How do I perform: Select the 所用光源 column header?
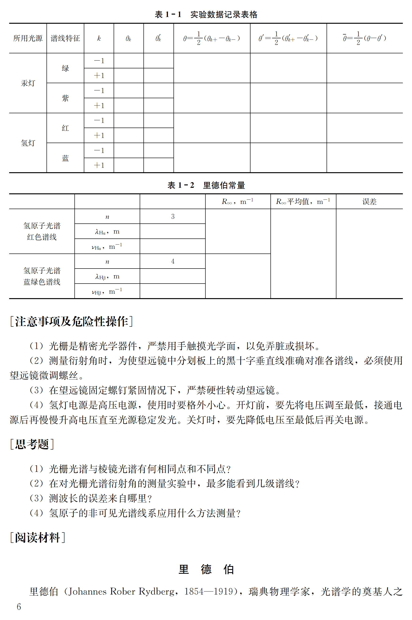point(28,38)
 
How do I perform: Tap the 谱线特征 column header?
point(65,38)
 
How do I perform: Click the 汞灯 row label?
point(28,83)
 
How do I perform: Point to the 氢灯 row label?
point(28,143)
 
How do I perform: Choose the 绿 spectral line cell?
point(65,68)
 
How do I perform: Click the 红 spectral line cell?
point(65,128)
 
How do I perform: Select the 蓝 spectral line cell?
point(65,158)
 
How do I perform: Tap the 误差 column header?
point(369,202)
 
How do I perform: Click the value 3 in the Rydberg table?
point(173,216)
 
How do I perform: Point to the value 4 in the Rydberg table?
point(173,261)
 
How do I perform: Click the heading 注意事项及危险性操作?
point(71,321)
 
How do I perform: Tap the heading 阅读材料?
point(37,538)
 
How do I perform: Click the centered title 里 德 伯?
point(206,569)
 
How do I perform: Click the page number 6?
point(19,607)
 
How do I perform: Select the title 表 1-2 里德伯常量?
point(206,185)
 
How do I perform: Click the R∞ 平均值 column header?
point(303,202)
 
